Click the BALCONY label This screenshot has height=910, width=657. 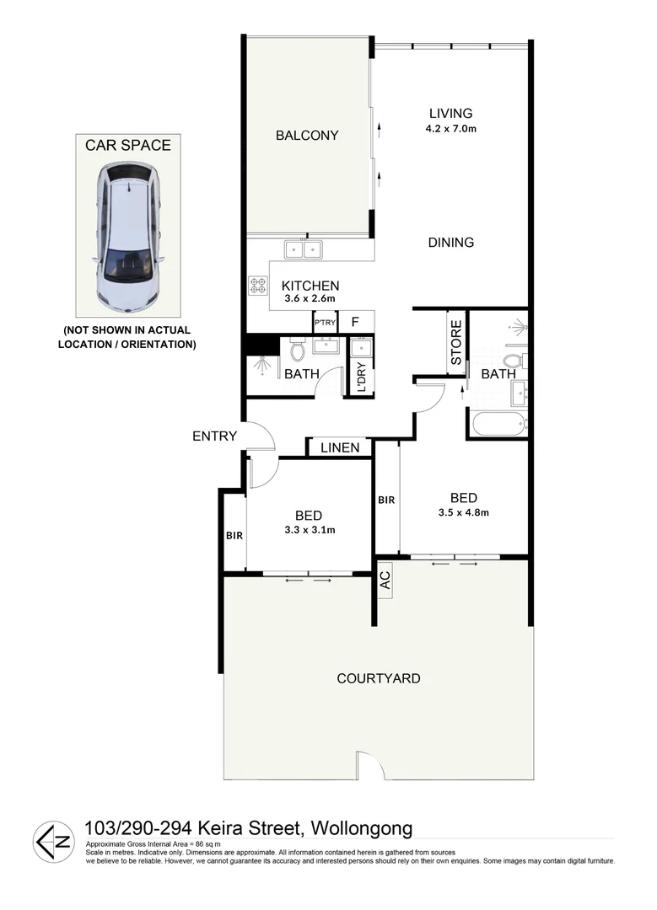(x=307, y=135)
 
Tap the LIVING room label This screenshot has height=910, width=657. (x=450, y=113)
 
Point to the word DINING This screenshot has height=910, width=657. (x=451, y=243)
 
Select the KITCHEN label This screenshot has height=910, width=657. (x=310, y=286)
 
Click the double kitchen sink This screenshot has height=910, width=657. (x=304, y=249)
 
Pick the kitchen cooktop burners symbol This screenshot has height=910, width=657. (x=257, y=286)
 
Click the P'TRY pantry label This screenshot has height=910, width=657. (x=324, y=323)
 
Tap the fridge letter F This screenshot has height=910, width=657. (x=355, y=322)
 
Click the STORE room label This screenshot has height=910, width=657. (x=456, y=343)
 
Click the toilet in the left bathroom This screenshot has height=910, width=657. (x=297, y=349)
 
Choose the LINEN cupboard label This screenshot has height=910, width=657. (x=340, y=448)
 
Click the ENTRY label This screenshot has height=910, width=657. (x=214, y=436)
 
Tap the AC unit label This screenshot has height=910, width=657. (x=385, y=581)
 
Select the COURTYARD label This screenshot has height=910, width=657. (x=378, y=678)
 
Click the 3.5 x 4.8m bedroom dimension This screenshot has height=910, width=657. (x=464, y=511)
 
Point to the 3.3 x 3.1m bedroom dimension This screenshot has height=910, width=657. (x=310, y=530)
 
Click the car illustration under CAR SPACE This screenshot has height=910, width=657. (x=127, y=235)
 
